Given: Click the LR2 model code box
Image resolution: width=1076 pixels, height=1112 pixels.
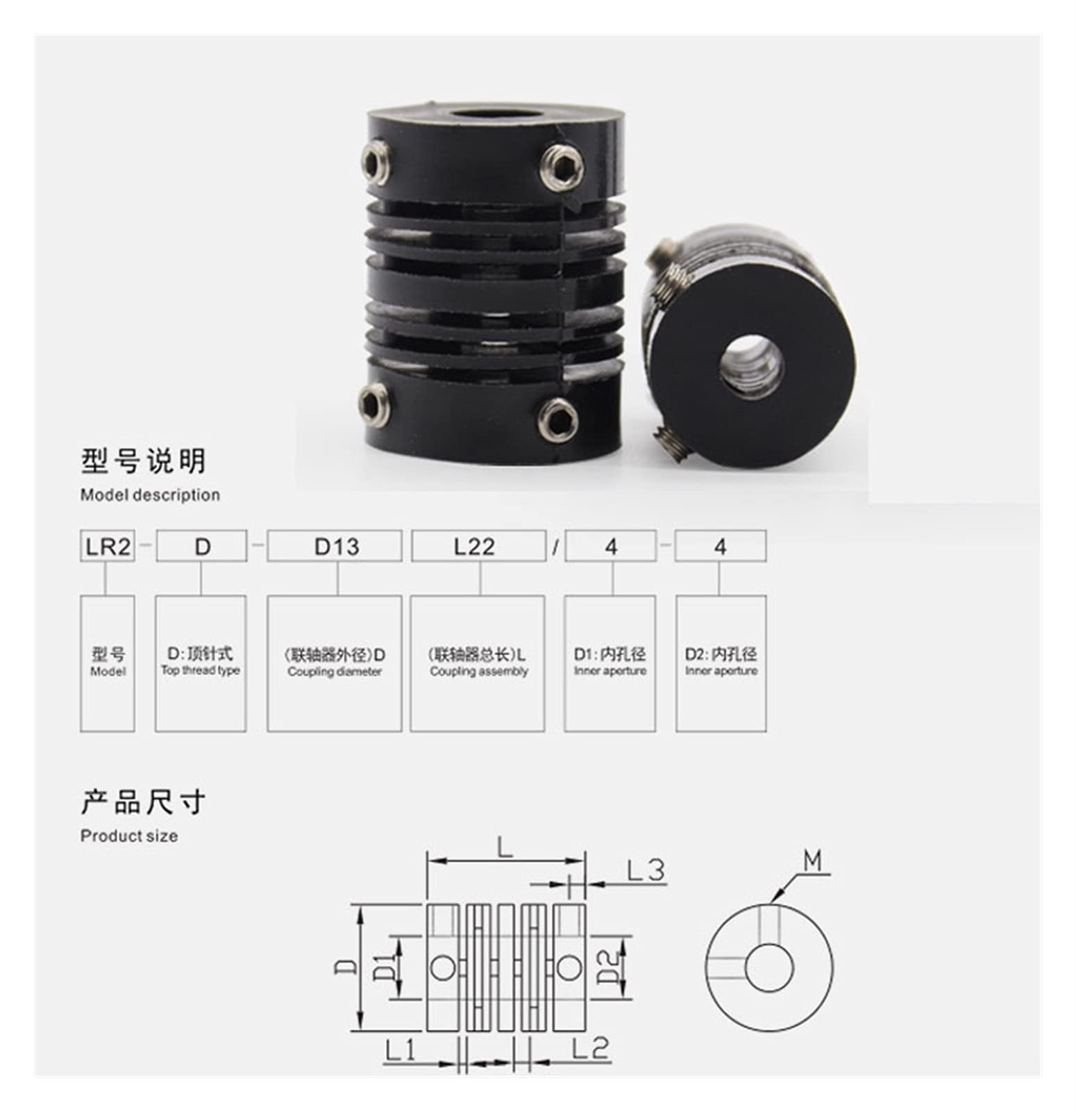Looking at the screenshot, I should (x=108, y=547).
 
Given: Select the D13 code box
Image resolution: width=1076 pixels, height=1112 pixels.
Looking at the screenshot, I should (x=335, y=547).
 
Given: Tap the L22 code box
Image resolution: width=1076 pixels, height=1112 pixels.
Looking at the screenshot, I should (x=478, y=547).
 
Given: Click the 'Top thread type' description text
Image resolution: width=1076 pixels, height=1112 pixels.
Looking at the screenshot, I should (x=201, y=671).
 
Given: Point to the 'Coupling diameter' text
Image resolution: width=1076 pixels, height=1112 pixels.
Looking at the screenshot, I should (x=335, y=672).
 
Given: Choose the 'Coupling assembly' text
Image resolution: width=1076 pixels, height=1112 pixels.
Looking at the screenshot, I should (x=478, y=672).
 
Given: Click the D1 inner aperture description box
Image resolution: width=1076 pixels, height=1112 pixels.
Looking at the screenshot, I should (x=610, y=663).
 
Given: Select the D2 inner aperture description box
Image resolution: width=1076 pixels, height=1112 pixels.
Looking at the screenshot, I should (x=721, y=663).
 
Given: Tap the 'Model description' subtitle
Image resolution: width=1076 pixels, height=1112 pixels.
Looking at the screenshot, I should (x=150, y=495).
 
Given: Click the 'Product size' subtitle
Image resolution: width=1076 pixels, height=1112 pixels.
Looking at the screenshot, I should (x=129, y=836).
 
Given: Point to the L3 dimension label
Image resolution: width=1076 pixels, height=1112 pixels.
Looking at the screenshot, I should (x=645, y=870).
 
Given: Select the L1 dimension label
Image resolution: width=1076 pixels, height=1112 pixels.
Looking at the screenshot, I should (x=400, y=1050).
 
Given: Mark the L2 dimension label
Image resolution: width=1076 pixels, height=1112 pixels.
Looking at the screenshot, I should (x=590, y=1049).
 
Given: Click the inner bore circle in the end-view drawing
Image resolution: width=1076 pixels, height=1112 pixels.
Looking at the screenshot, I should (x=769, y=967).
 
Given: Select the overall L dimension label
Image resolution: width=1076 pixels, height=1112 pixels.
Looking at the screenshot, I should (x=505, y=847).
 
